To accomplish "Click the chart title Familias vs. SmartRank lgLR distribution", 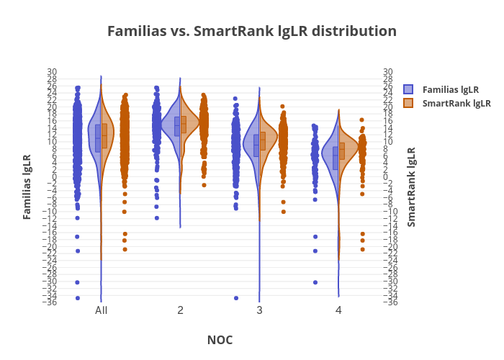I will [x=251, y=32].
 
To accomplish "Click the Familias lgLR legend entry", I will [x=451, y=89].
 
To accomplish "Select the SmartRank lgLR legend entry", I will [x=456, y=103].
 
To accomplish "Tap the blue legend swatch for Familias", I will [x=408, y=89].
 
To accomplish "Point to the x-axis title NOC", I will [x=220, y=340].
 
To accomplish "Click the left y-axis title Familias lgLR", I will [x=27, y=186].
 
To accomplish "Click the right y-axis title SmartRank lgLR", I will [x=411, y=186].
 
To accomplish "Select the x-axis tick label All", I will [x=102, y=310].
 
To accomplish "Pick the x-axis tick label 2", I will [x=180, y=310].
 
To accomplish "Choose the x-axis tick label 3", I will [x=259, y=310].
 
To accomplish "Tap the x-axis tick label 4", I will [x=338, y=310].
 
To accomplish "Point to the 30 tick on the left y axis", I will [x=52, y=72].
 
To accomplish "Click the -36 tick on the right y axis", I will [x=389, y=302].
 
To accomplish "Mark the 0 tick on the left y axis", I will [x=55, y=177].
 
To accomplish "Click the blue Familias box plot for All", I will [x=98, y=138].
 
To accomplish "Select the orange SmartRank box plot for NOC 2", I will [x=184, y=124].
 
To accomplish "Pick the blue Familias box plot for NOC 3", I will [x=256, y=145].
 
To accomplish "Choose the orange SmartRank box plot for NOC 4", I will [x=342, y=150].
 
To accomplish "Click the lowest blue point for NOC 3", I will [x=235, y=298].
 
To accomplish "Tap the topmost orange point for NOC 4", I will [x=362, y=120].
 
